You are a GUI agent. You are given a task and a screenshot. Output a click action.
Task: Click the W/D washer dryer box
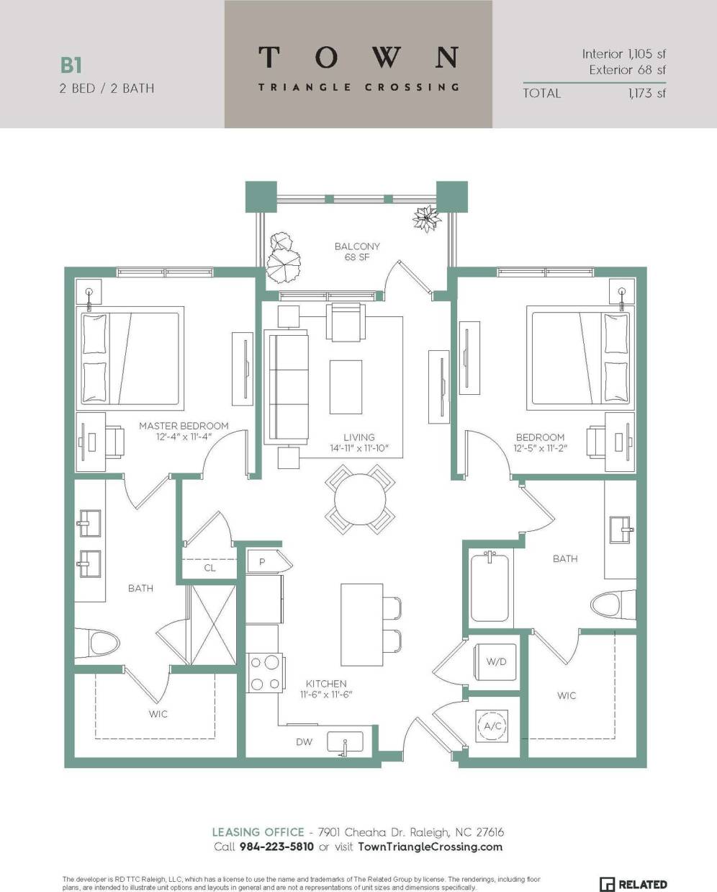[x=495, y=661]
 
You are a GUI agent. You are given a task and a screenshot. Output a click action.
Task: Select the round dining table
[x=359, y=499]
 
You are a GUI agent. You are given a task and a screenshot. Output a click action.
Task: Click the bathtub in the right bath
[x=490, y=587]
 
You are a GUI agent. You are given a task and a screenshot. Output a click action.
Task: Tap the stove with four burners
[x=263, y=673]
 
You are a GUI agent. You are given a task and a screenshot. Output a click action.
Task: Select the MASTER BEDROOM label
[x=184, y=426]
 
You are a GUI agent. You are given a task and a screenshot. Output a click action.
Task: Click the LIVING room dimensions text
[x=358, y=449]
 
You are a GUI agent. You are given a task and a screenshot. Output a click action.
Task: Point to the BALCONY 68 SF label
[x=357, y=251]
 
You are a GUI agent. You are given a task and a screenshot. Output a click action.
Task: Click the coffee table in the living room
[x=346, y=387]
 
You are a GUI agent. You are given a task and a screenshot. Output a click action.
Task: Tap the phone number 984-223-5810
[x=276, y=847]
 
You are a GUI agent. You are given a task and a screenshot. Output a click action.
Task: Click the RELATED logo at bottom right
[x=633, y=884]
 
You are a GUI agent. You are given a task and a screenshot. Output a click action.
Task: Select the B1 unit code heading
[x=71, y=66]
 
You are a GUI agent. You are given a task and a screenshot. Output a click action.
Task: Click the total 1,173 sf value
[x=646, y=93]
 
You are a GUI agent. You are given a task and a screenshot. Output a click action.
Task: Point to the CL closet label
[x=209, y=568]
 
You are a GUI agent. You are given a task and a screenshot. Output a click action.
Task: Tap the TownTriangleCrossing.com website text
[x=430, y=847]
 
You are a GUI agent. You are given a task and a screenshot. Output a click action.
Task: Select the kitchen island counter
[x=359, y=624]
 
